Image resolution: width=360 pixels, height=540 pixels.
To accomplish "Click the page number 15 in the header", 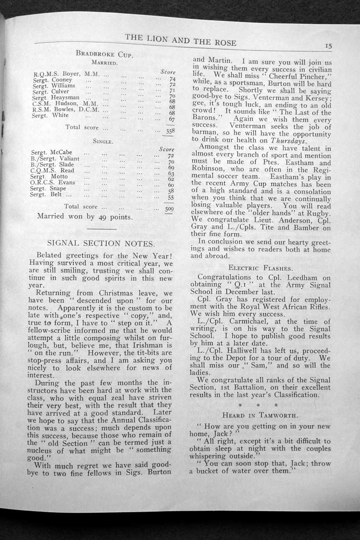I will [x=327, y=47].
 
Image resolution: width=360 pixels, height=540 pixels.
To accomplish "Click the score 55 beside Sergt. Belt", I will [x=171, y=197].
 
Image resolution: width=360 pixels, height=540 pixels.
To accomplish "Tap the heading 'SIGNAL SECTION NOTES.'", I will [x=101, y=243].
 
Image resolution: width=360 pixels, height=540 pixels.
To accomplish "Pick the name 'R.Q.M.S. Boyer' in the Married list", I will [x=57, y=74].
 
